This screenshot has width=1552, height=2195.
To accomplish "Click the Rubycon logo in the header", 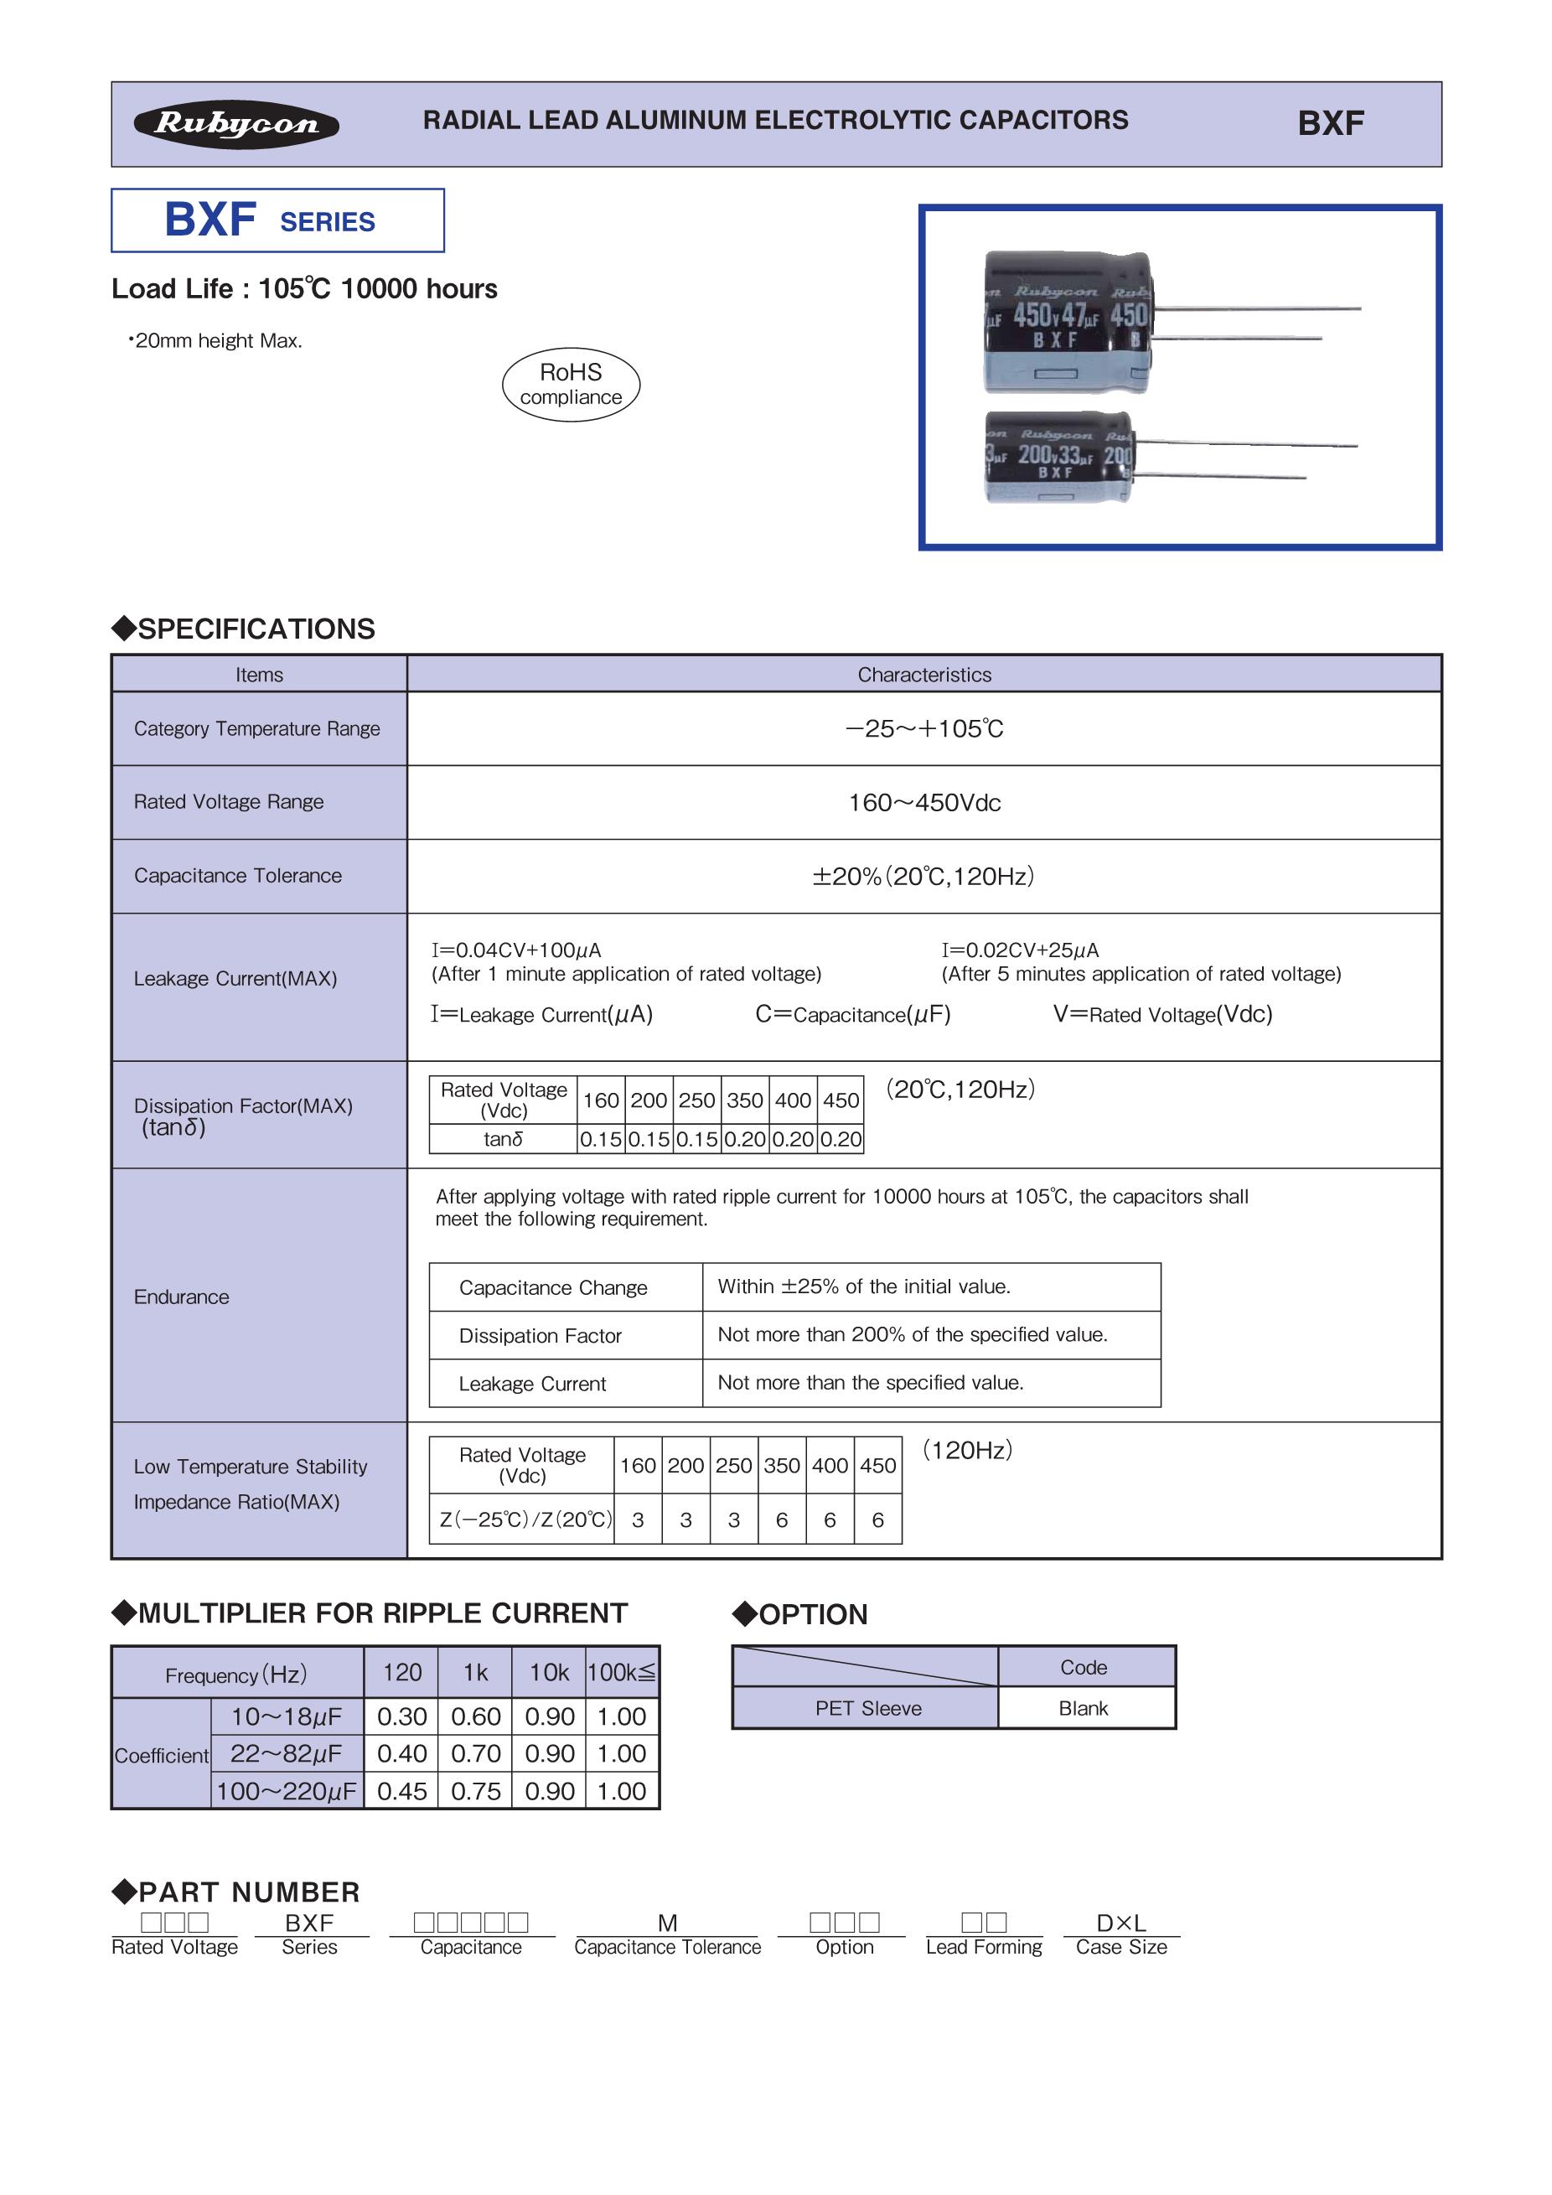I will [x=236, y=124].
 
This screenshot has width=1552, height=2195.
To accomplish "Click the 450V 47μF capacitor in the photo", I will [x=1068, y=322].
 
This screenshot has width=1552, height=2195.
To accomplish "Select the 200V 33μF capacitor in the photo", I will [x=1059, y=457].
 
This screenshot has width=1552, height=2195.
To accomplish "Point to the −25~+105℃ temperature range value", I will [x=924, y=728].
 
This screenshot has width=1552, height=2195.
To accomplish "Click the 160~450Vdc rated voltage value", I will [x=924, y=803].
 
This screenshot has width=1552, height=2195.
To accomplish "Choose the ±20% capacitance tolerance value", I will [x=924, y=877].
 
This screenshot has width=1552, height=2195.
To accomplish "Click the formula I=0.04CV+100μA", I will [x=516, y=950].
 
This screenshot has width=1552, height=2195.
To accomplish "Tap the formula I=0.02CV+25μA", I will [x=1020, y=950].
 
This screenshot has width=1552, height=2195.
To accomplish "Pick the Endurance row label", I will [x=182, y=1297].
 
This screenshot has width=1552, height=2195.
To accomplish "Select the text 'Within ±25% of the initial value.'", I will [x=864, y=1286].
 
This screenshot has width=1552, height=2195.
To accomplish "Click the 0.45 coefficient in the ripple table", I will [x=401, y=1792].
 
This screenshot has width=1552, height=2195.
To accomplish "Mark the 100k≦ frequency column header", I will [x=621, y=1672].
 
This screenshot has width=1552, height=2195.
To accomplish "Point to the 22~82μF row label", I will [x=286, y=1754].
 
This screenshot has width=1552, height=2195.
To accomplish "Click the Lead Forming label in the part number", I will [x=983, y=1948].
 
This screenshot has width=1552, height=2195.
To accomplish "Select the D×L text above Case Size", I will [x=1121, y=1923].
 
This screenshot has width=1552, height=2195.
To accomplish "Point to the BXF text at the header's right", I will [x=1330, y=123].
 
